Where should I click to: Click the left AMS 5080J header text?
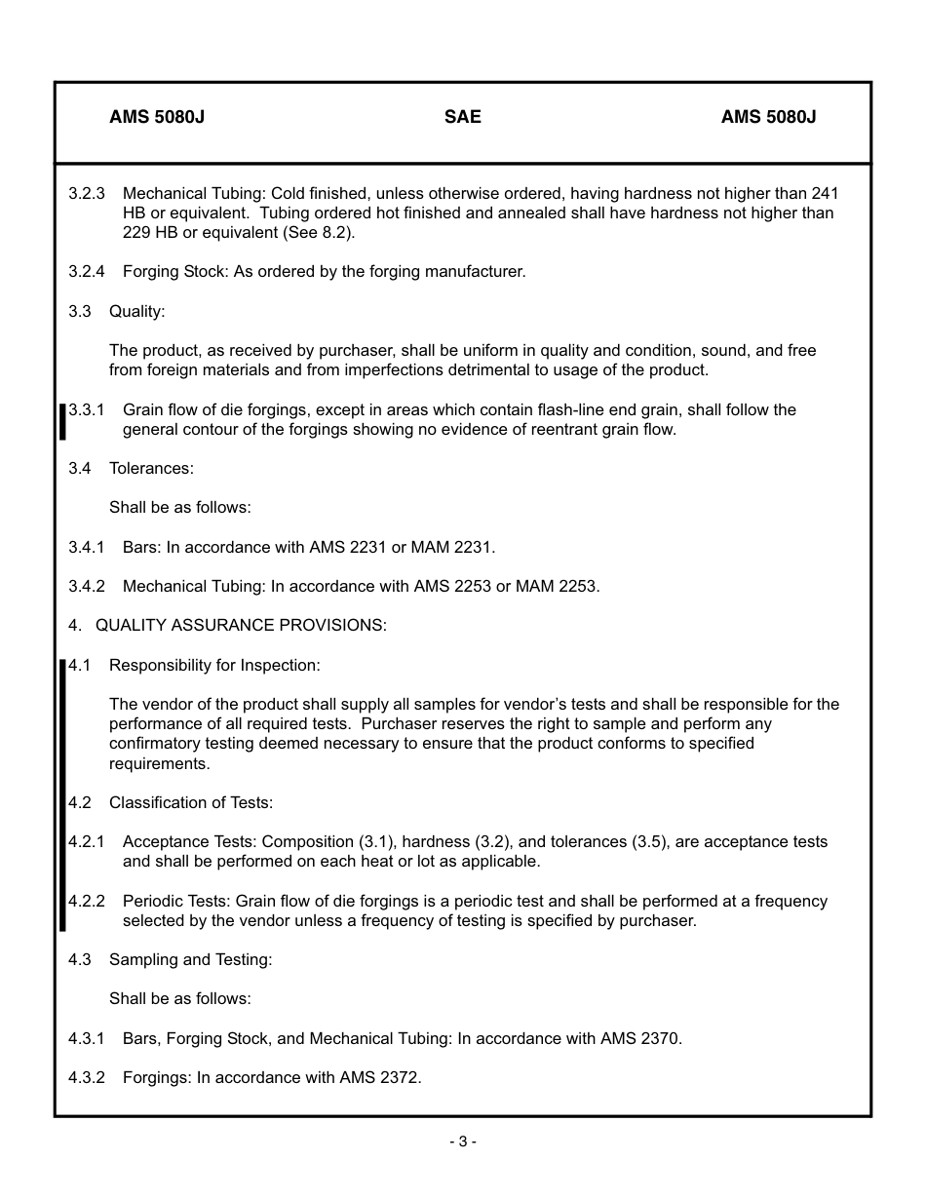[x=156, y=117]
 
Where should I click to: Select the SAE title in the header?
[x=462, y=117]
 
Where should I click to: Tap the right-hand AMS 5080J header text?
[x=768, y=117]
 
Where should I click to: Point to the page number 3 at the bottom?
[x=462, y=1141]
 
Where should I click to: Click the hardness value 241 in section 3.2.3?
[x=825, y=194]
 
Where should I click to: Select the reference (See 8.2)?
[x=319, y=233]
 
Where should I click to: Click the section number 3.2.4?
[x=87, y=272]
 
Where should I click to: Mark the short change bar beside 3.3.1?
[x=63, y=421]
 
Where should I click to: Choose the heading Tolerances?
[x=151, y=468]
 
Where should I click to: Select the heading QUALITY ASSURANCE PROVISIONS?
[x=241, y=625]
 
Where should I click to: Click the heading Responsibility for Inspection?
[x=214, y=665]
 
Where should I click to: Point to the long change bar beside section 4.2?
[x=63, y=794]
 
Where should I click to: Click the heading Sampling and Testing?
[x=190, y=959]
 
